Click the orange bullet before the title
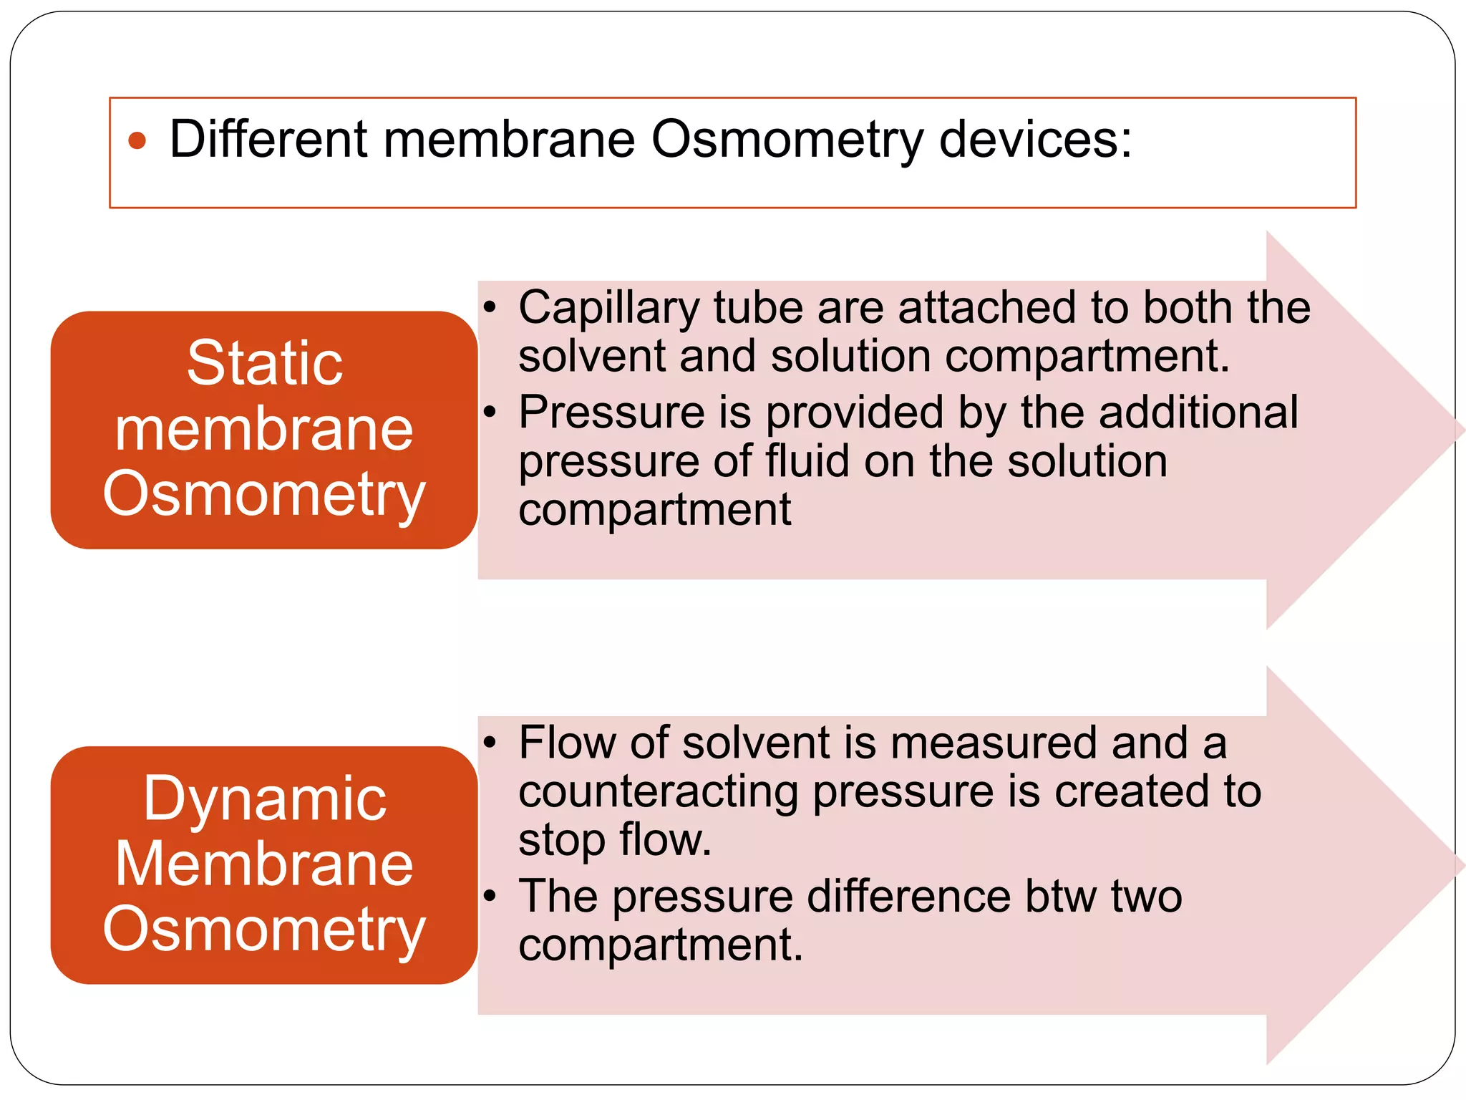[137, 140]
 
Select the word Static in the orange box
[265, 363]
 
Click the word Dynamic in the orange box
[265, 799]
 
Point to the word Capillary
[608, 308]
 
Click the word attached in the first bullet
[989, 308]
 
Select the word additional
[1198, 412]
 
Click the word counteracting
[658, 791]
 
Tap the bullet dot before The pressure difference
[490, 896]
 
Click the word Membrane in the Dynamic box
[265, 864]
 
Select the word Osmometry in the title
[787, 140]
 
